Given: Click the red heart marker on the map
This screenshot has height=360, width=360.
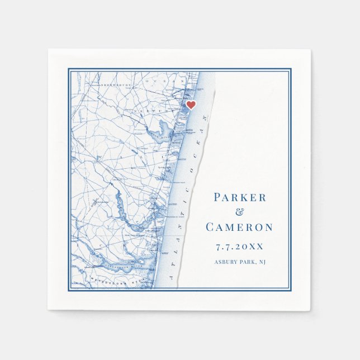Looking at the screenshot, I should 191,105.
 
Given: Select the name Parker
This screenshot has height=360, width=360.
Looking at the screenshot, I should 240,197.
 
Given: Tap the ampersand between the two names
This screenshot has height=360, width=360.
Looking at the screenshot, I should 240,212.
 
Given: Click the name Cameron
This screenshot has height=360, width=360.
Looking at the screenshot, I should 239,227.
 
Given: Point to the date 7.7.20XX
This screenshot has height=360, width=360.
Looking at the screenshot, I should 239,246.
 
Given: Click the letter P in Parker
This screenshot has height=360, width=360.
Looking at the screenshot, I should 218,197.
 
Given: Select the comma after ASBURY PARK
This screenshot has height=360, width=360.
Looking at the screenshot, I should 257,264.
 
